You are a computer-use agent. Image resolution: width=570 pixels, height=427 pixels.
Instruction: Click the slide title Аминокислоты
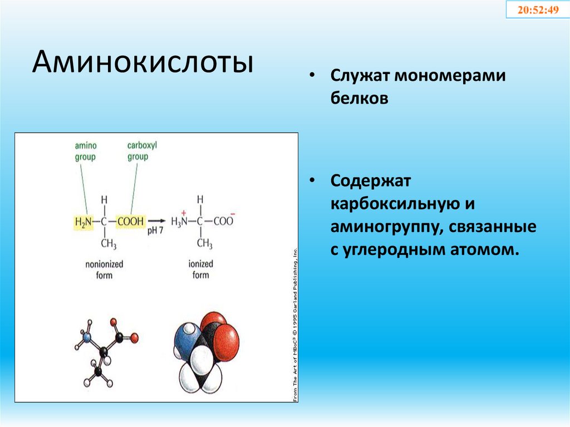tap(142, 63)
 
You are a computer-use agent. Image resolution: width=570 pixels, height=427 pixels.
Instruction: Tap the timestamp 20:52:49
tap(538, 10)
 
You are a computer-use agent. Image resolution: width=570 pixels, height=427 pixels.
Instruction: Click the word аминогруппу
tap(380, 227)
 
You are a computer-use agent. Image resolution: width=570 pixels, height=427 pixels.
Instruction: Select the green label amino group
tap(85, 151)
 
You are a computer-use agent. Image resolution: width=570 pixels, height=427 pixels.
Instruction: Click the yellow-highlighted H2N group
tap(82, 222)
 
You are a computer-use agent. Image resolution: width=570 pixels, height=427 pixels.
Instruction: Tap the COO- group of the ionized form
tap(224, 221)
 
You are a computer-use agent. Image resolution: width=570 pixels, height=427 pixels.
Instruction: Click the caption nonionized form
tap(104, 269)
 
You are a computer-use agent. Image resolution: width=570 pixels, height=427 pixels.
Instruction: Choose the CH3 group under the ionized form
tap(204, 244)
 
